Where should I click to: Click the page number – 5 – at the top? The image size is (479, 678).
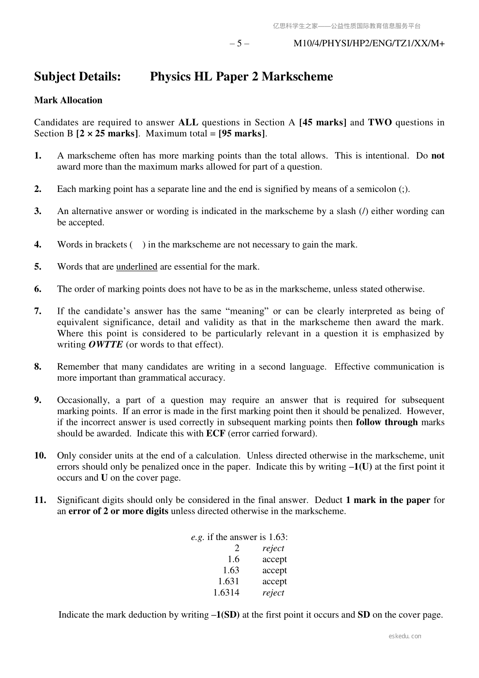(239, 43)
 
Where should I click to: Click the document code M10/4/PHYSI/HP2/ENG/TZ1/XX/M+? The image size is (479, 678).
(369, 43)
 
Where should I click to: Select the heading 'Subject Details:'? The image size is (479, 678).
(78, 76)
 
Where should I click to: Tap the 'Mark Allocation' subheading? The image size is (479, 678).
(68, 100)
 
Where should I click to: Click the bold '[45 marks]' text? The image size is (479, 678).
(323, 122)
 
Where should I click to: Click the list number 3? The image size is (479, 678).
(38, 211)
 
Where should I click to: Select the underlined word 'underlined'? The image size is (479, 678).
(137, 267)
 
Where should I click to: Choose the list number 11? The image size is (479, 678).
(40, 500)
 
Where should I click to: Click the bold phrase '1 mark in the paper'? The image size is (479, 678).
(388, 500)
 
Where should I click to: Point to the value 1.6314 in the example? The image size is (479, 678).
(226, 592)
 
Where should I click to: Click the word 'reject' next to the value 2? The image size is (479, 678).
(273, 548)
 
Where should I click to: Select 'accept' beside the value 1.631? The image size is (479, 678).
(275, 581)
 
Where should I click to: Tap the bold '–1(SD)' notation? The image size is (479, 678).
(225, 615)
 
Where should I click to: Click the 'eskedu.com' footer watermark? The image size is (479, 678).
(405, 636)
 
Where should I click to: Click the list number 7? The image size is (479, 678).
(38, 311)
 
